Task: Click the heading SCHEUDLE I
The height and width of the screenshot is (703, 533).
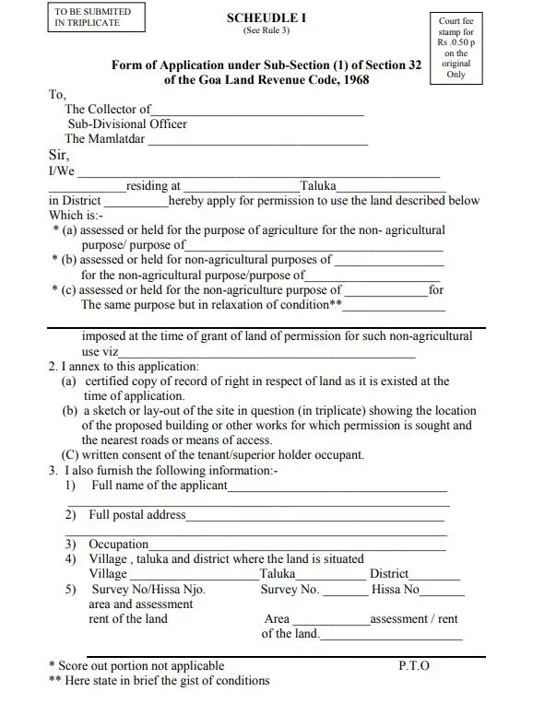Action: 265,18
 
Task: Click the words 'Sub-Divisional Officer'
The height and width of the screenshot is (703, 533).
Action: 127,124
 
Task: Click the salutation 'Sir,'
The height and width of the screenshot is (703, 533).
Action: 58,156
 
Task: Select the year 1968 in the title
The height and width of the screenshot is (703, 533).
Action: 349,80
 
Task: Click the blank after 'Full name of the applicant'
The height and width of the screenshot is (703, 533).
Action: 338,486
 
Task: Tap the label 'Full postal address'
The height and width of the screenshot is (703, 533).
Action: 136,515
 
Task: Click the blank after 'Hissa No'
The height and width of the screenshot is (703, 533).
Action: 440,591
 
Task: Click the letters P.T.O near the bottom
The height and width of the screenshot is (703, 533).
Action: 414,665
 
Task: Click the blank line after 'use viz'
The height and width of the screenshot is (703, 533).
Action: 267,353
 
